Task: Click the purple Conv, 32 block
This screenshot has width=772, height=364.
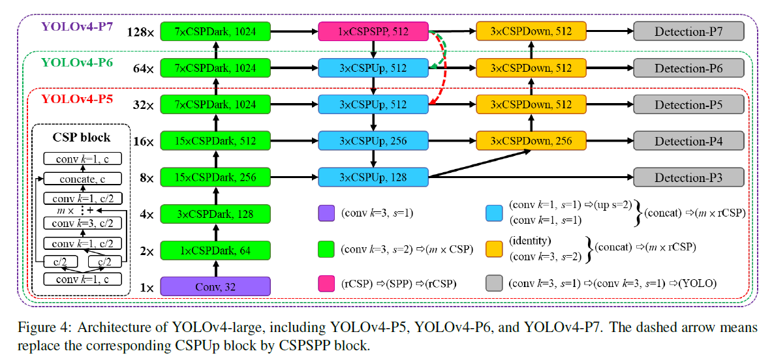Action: (x=215, y=286)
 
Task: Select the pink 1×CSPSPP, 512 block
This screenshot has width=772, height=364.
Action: (x=373, y=32)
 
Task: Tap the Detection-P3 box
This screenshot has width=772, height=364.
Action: (x=688, y=177)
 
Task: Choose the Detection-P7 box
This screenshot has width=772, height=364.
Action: (x=688, y=32)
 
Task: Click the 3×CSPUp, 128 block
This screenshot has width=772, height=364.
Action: (x=373, y=177)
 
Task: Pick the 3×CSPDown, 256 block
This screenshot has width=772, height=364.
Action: (x=531, y=141)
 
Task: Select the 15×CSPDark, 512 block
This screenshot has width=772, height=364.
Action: (x=215, y=141)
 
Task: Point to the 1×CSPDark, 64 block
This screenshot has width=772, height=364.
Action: (x=215, y=250)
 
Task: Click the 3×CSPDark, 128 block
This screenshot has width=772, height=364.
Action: (x=215, y=213)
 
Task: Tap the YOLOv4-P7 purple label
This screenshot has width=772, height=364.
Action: (x=78, y=27)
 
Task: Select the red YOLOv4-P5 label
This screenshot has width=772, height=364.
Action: (x=78, y=99)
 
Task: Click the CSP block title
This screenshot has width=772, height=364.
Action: (x=81, y=138)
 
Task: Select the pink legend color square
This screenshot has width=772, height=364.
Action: (x=327, y=283)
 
